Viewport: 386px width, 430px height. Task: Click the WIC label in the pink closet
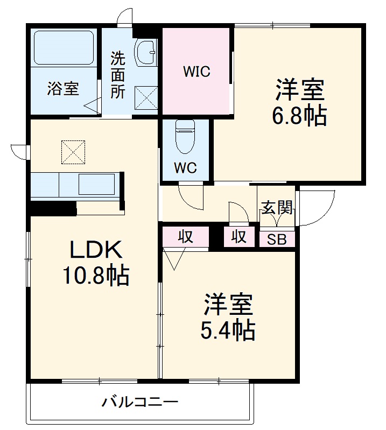coord(196,71)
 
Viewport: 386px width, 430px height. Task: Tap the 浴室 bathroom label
coord(63,88)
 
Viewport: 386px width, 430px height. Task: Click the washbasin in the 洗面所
coord(145,53)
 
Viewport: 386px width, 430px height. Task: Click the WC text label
coord(185,167)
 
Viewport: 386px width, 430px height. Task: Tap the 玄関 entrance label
coord(277,208)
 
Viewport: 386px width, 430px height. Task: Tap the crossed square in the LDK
coord(74,152)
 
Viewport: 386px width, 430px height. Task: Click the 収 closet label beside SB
coord(240,236)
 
